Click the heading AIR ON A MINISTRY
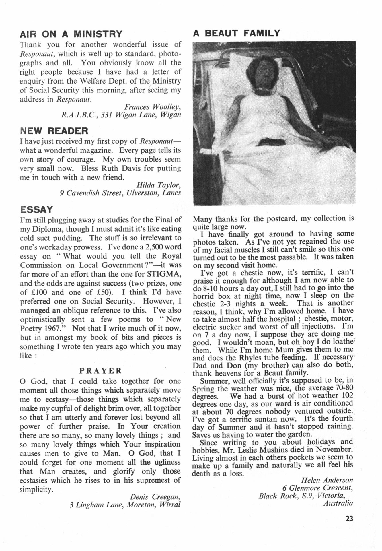point(71,34)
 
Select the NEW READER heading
point(54,131)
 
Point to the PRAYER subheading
point(100,371)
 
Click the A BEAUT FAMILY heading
point(236,33)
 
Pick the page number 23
point(349,519)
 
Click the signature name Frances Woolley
point(152,107)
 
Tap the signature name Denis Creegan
point(155,496)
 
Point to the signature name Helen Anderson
point(327,480)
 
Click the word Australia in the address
point(338,503)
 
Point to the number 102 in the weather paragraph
point(347,396)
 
